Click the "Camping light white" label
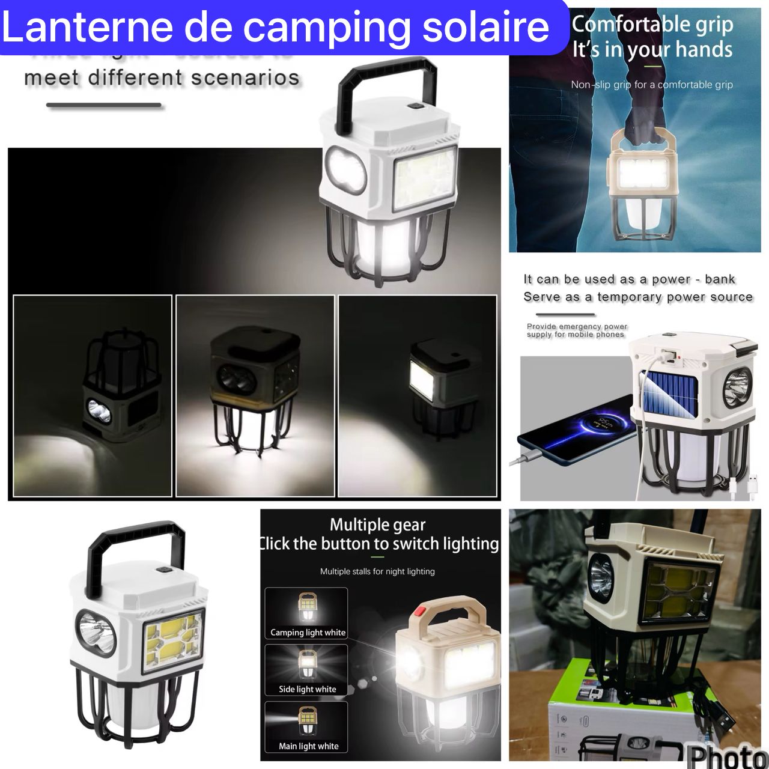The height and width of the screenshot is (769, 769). click(308, 632)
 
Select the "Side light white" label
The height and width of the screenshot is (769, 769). click(307, 689)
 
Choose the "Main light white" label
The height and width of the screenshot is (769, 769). click(308, 746)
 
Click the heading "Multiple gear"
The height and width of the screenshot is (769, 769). click(377, 524)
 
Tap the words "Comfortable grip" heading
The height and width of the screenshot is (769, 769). click(652, 25)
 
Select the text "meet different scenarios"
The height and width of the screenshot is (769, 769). click(162, 78)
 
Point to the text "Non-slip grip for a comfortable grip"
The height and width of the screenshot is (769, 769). click(652, 85)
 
